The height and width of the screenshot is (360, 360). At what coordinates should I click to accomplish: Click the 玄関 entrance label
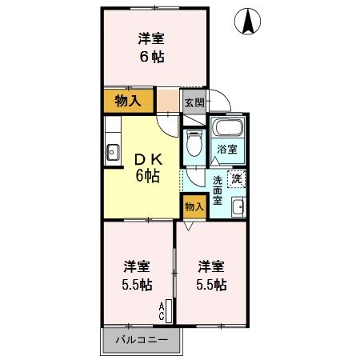pyautogui.click(x=194, y=102)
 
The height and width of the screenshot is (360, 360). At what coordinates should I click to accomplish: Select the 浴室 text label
pyautogui.click(x=226, y=150)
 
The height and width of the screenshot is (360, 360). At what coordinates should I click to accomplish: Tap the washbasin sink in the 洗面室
pyautogui.click(x=238, y=208)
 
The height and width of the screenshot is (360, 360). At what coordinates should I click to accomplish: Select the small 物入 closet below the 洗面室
pyautogui.click(x=194, y=206)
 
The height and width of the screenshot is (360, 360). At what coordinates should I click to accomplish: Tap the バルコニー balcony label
pyautogui.click(x=141, y=339)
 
